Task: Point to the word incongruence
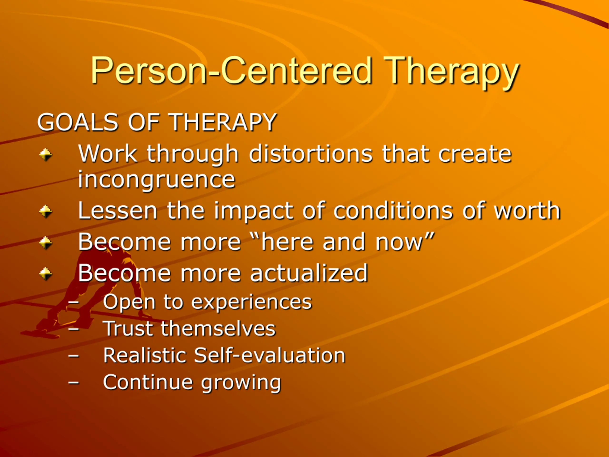point(156,180)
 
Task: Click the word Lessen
point(118,210)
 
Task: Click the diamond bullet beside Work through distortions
point(46,154)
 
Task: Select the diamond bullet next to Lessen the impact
point(46,212)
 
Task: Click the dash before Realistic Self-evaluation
point(74,356)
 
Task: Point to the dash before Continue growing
point(74,383)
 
